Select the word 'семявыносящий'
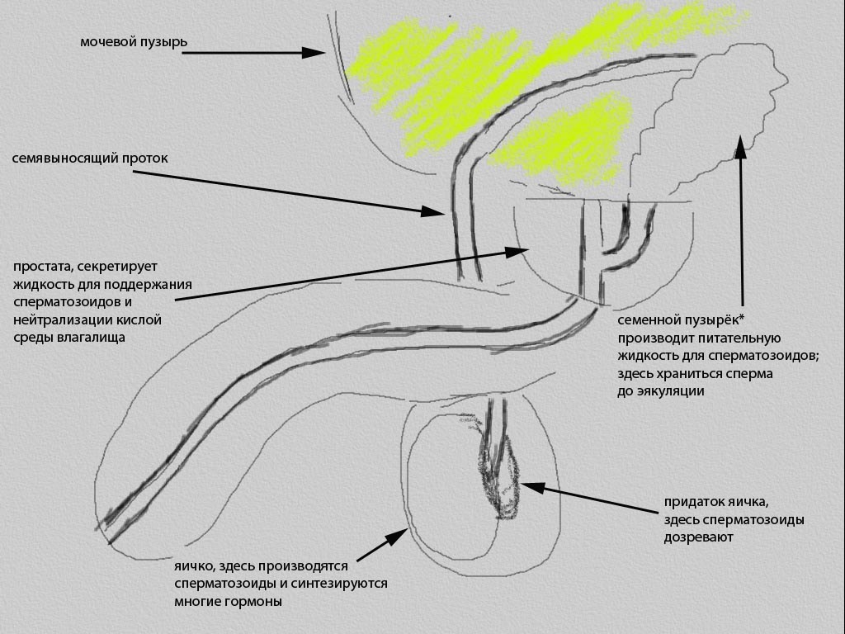coord(59,158)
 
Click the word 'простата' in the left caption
coord(42,267)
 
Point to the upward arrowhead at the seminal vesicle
coord(740,145)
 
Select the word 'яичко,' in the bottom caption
coord(195,567)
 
